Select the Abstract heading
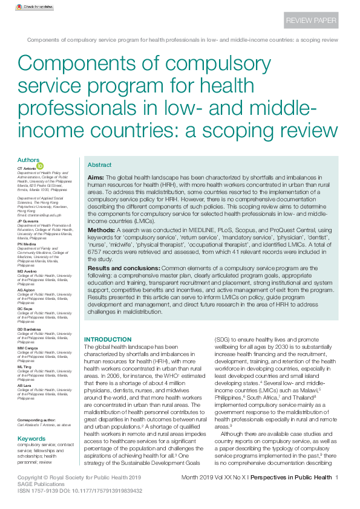(99, 165)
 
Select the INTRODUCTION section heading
(107, 340)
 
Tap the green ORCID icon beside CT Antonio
(41, 166)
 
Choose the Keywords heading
(31, 438)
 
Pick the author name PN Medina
(26, 244)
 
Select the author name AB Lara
(24, 386)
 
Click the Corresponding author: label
(35, 420)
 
